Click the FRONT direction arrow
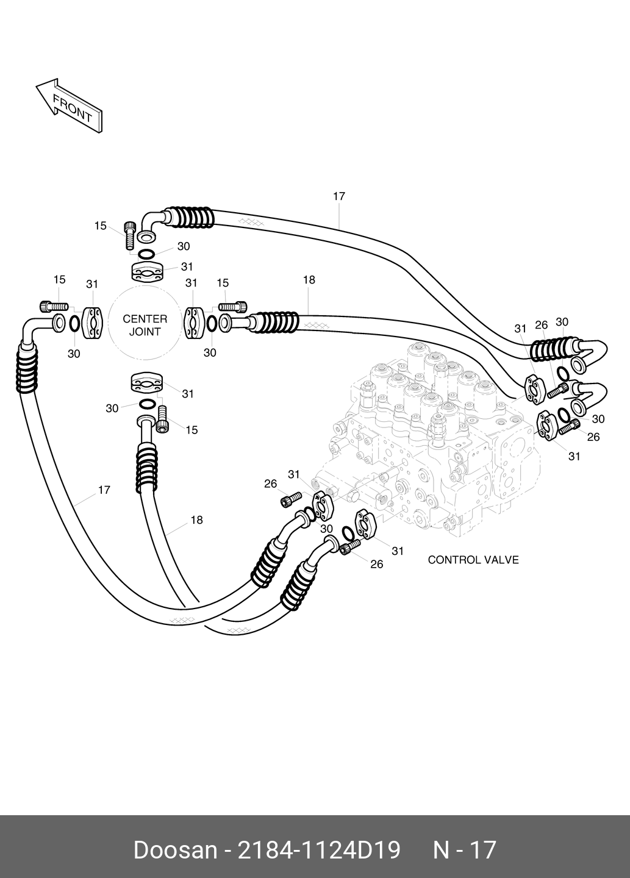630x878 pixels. pyautogui.click(x=69, y=105)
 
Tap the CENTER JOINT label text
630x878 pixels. pyautogui.click(x=145, y=326)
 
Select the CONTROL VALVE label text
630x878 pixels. pyautogui.click(x=473, y=560)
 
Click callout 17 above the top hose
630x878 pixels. pyautogui.click(x=339, y=196)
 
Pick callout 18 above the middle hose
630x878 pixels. pyautogui.click(x=309, y=280)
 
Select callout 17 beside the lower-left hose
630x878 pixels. pyautogui.click(x=104, y=490)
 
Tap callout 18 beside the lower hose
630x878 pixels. pyautogui.click(x=197, y=520)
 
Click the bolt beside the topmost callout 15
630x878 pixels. pyautogui.click(x=130, y=235)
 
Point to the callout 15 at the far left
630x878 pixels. pyautogui.click(x=59, y=280)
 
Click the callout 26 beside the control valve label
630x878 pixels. pyautogui.click(x=377, y=564)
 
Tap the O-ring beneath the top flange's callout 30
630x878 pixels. pyautogui.click(x=146, y=254)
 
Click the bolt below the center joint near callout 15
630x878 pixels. pyautogui.click(x=162, y=419)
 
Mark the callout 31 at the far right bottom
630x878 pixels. pyautogui.click(x=575, y=456)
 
